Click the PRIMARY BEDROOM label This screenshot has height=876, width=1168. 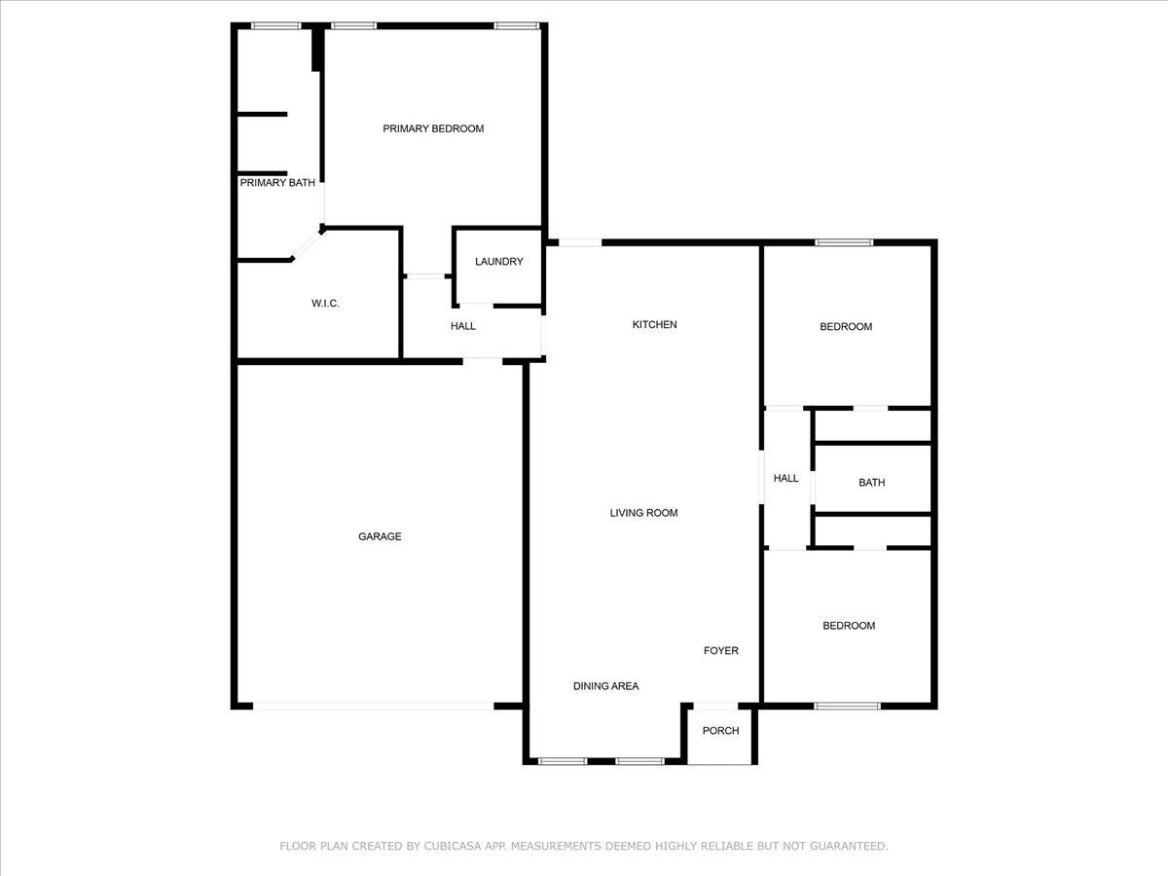pos(433,128)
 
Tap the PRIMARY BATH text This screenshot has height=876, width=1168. pos(277,183)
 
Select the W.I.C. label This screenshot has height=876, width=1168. pos(325,304)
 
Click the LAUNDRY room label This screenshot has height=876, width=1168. pos(499,262)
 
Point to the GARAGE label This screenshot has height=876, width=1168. pos(380,536)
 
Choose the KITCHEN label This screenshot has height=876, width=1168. pos(654,324)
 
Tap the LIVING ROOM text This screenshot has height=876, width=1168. pos(644,513)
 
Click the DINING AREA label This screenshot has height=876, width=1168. pos(605,686)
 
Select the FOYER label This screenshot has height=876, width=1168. pos(721,650)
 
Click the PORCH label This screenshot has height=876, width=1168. pos(720,731)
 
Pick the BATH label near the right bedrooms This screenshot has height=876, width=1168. pos(871,483)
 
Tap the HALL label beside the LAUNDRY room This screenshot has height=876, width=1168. pos(463,326)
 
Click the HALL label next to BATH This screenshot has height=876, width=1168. pos(785,478)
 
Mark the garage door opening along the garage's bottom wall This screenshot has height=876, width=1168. pos(374,707)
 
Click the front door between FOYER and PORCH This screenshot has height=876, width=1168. pos(715,706)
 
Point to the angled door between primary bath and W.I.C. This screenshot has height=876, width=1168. pos(307,245)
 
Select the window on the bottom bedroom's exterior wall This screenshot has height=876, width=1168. pos(847,707)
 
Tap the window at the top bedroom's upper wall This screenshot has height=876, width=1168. pos(844,242)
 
